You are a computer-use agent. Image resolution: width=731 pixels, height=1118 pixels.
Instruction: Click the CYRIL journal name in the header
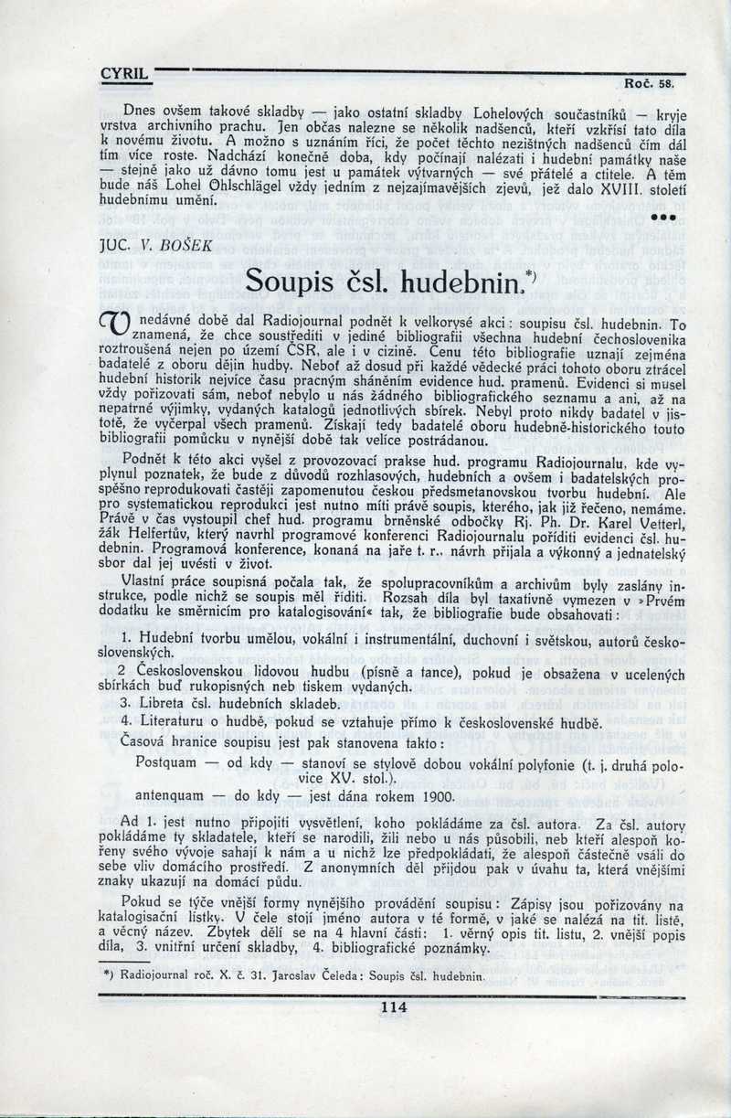tap(124, 73)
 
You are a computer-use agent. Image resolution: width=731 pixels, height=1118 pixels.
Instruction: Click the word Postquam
tap(164, 761)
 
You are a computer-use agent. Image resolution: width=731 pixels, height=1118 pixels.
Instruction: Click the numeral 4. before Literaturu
tap(126, 720)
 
